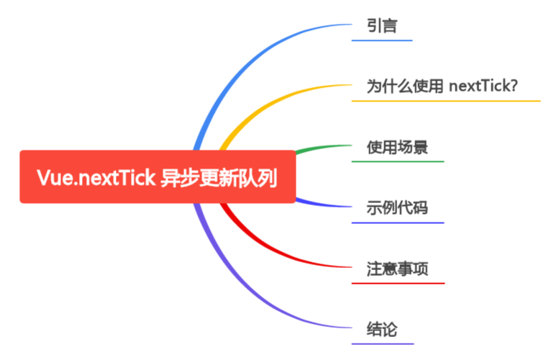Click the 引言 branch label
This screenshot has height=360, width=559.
(382, 27)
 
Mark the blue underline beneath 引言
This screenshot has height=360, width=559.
(382, 40)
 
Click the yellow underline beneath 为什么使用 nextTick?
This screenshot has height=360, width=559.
(446, 101)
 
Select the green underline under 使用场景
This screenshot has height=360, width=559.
(398, 161)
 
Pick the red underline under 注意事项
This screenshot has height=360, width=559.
(398, 283)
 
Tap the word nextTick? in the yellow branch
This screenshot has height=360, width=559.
(484, 87)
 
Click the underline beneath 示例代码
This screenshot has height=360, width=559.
(398, 222)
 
